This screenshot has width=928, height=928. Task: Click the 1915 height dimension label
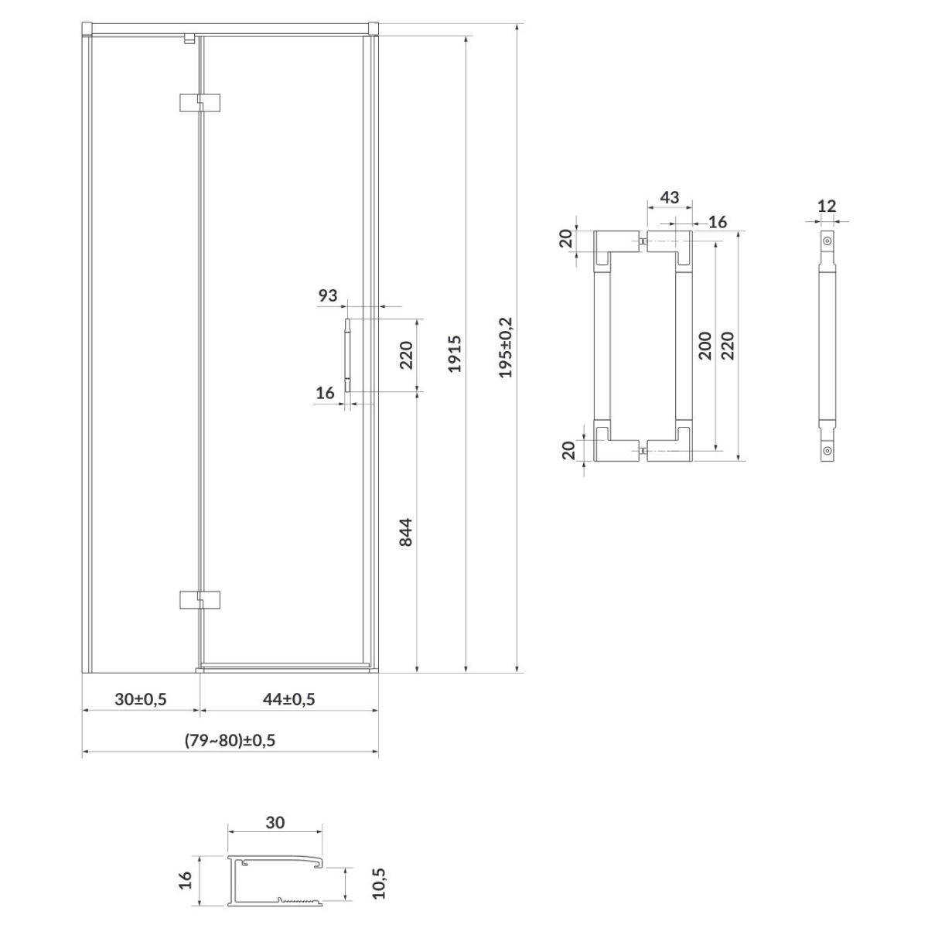(x=455, y=354)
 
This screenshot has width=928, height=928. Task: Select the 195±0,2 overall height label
(x=506, y=347)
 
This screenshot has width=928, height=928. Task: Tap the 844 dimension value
(x=407, y=532)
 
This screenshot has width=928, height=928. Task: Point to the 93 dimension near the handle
(x=327, y=295)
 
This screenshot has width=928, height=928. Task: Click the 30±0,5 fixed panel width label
(x=141, y=699)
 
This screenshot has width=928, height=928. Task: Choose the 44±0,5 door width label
(x=289, y=699)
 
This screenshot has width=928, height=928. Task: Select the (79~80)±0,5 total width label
(x=230, y=740)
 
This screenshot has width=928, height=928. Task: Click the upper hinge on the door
(x=200, y=103)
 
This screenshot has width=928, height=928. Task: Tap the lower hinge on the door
(x=200, y=599)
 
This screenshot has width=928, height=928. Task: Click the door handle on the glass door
(x=348, y=355)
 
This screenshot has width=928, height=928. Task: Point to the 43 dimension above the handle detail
(x=670, y=197)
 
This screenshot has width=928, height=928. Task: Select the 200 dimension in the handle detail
(x=705, y=345)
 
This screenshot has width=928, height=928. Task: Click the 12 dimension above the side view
(x=827, y=206)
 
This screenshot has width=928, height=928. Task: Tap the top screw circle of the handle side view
(x=827, y=241)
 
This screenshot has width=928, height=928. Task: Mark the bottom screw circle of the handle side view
(x=827, y=451)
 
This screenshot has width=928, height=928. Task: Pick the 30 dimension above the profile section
(x=275, y=823)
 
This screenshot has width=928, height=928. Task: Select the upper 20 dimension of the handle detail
(x=567, y=238)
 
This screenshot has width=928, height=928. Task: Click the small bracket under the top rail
(x=189, y=39)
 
